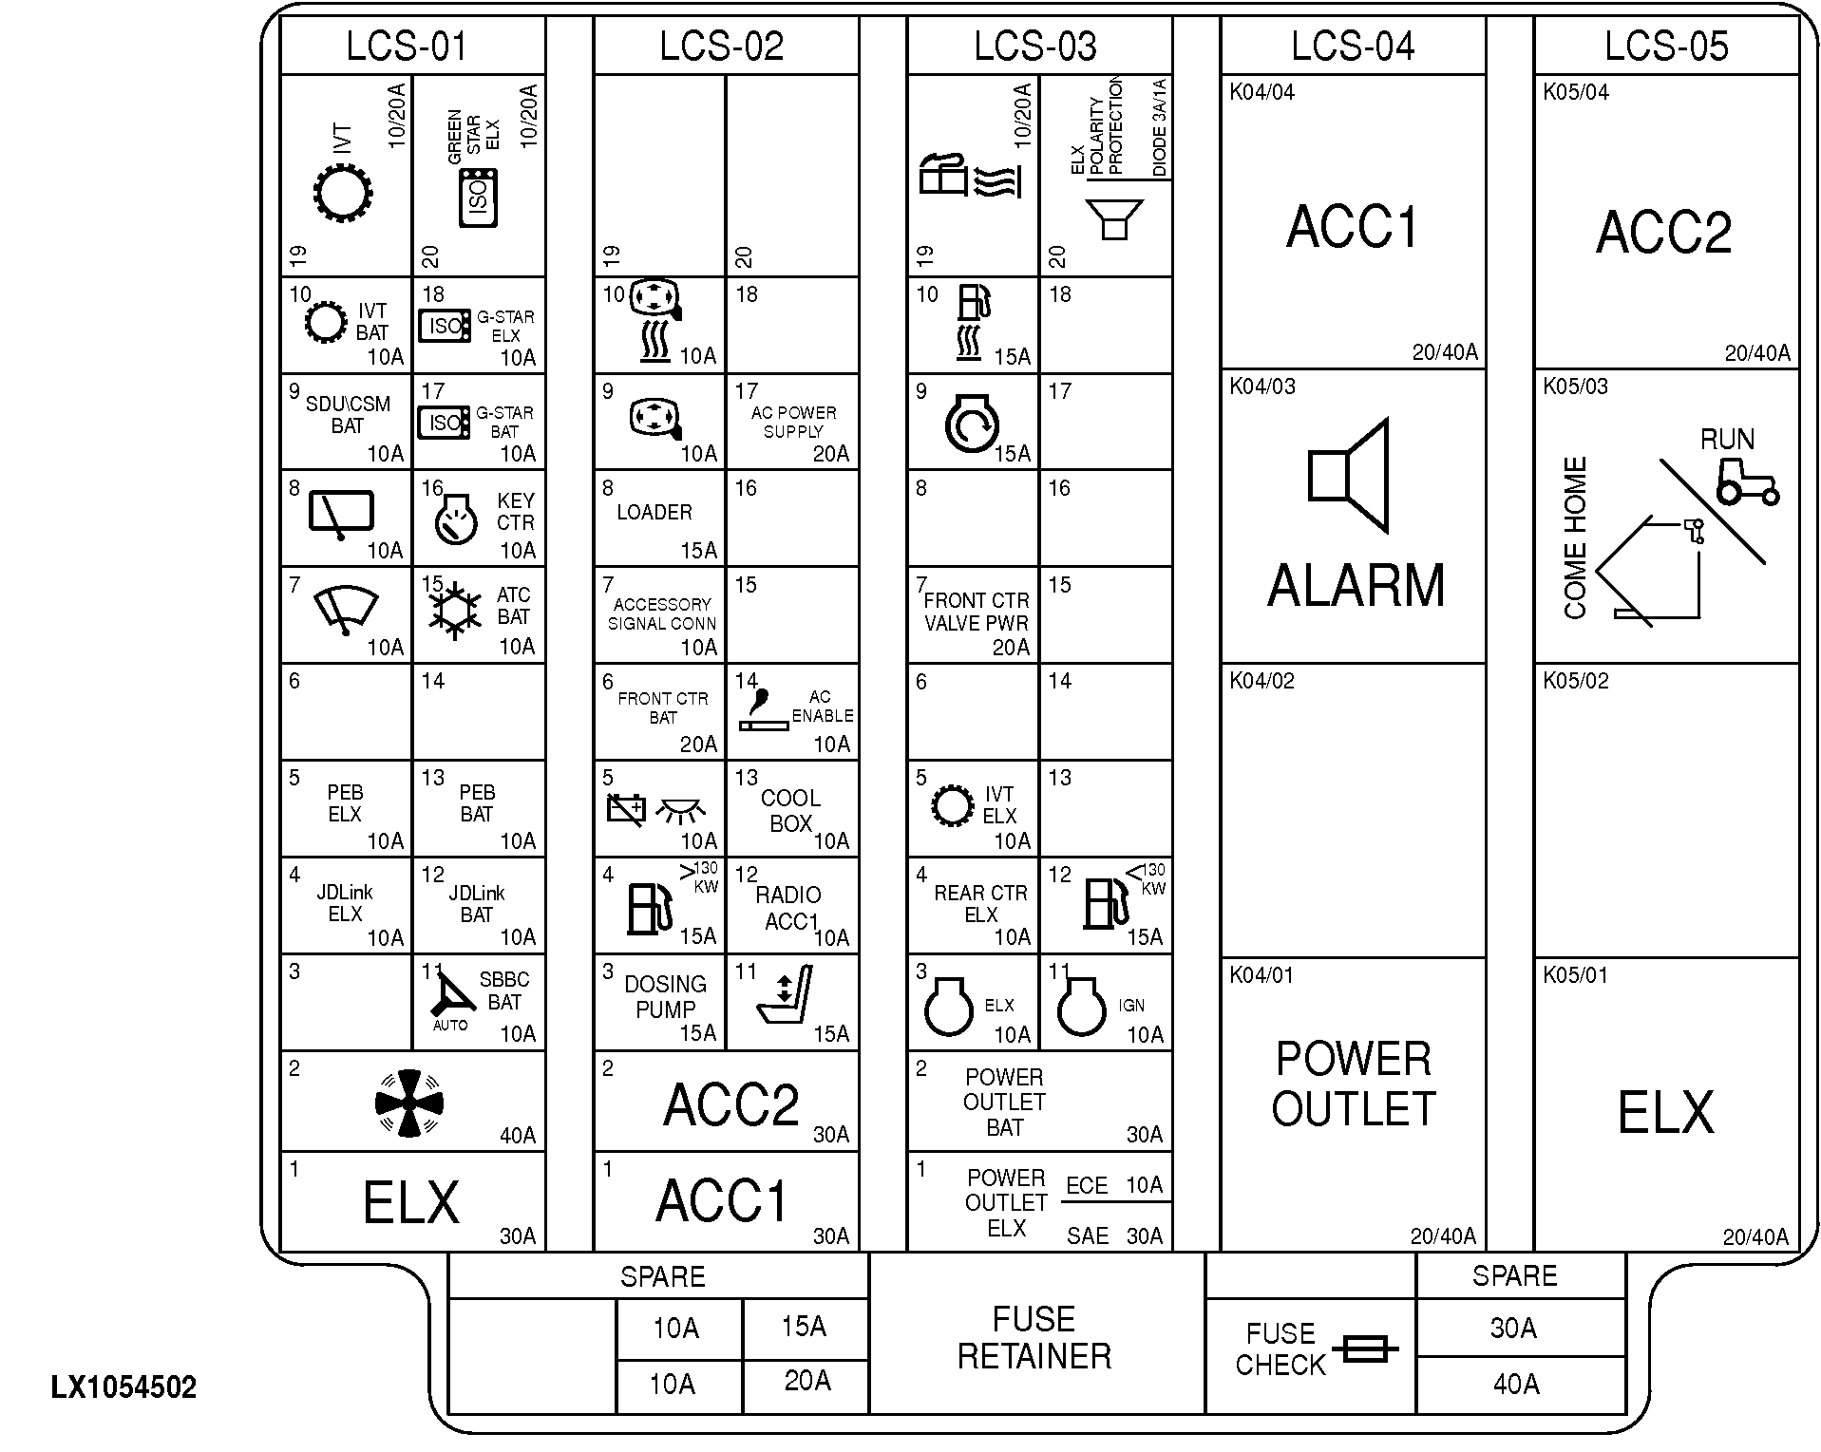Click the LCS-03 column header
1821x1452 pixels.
(1034, 46)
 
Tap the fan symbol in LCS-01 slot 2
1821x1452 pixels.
(409, 1103)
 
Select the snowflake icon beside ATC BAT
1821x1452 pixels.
(454, 609)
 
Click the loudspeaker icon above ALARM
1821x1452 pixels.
(1350, 475)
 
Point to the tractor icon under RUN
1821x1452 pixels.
(1746, 482)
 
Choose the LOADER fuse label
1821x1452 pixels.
(654, 513)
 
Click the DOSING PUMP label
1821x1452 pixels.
(665, 996)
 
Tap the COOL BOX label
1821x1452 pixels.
(790, 810)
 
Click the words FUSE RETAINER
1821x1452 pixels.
(1034, 1337)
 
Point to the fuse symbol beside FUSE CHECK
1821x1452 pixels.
(1365, 1348)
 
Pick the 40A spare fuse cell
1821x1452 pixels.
(1515, 1384)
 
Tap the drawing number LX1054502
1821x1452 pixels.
(123, 1387)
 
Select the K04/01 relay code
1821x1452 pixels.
(1261, 975)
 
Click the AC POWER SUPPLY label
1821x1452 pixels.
(793, 422)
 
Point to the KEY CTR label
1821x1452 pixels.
(515, 512)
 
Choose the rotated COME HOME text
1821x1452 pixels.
(1575, 538)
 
